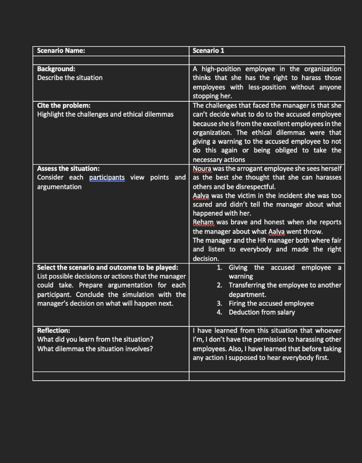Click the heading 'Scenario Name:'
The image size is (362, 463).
click(61, 51)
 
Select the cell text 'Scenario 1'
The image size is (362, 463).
click(208, 51)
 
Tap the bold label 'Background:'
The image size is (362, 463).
click(56, 69)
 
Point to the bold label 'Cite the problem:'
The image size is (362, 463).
click(64, 105)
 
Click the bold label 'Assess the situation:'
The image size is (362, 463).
click(68, 169)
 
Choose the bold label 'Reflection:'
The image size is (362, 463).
click(53, 331)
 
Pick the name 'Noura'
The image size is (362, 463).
click(202, 169)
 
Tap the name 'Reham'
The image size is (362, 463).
click(204, 222)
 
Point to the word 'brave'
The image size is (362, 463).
click(237, 222)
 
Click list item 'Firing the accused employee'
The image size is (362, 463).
click(271, 303)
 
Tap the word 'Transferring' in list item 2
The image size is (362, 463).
click(249, 285)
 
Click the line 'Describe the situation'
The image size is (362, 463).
click(70, 78)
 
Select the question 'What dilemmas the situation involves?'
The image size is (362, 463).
click(95, 349)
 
